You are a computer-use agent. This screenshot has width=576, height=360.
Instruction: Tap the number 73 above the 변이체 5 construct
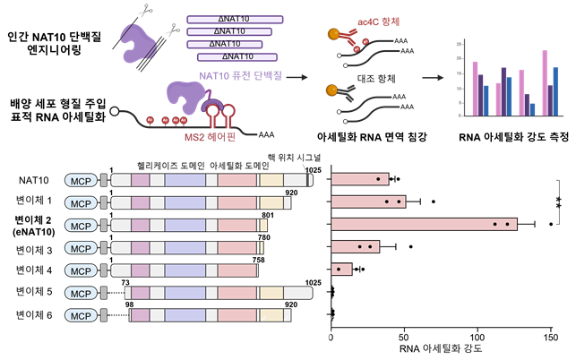pos(126,281)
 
